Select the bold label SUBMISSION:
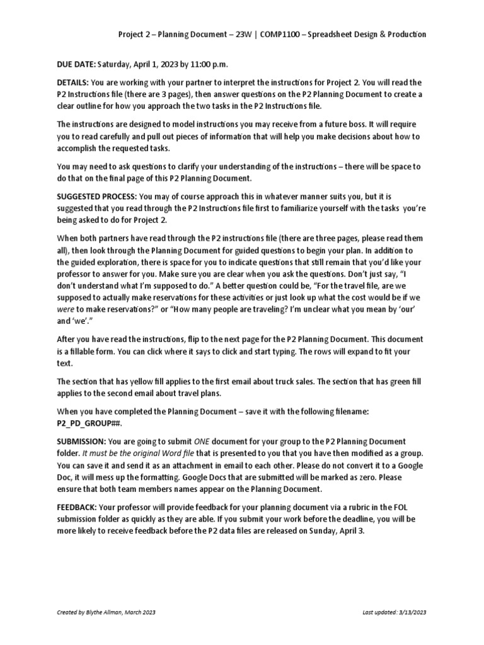pyautogui.click(x=81, y=442)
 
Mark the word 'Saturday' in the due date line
pyautogui.click(x=113, y=64)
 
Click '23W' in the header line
pyautogui.click(x=228, y=34)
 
